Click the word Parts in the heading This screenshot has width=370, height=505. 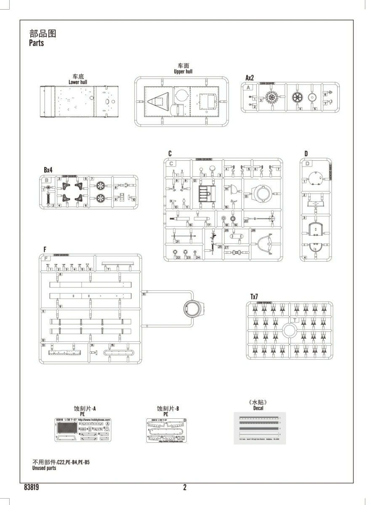pos(36,43)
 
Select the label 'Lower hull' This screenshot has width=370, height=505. pos(78,82)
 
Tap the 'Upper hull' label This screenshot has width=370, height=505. pos(183,72)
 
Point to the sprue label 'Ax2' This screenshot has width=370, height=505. pos(250,78)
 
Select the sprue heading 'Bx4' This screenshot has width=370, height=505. pos(48,170)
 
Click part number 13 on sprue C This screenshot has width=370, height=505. pos(245,196)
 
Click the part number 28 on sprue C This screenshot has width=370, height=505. pos(253,230)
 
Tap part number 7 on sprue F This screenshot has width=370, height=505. pos(108,269)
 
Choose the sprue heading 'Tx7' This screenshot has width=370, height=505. pos(254,297)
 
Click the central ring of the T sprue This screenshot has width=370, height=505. pos(290,330)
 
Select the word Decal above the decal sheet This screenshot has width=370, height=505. pos(258,408)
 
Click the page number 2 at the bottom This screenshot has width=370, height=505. pos(185,488)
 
